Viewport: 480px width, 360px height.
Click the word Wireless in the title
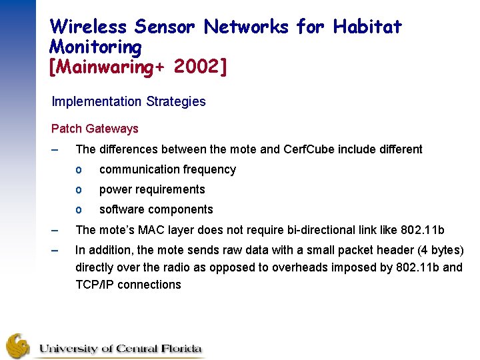tap(88, 27)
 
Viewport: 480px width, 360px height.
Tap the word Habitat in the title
tap(367, 27)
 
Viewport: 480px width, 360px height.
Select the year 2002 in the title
tap(199, 67)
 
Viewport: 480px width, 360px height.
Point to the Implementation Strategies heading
tap(129, 101)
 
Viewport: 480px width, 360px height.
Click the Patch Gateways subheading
tap(95, 129)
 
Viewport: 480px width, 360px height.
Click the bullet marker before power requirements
tap(79, 189)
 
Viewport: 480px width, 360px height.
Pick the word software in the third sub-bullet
tap(121, 209)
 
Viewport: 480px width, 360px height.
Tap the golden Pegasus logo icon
tap(18, 345)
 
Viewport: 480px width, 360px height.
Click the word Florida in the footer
tap(179, 349)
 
